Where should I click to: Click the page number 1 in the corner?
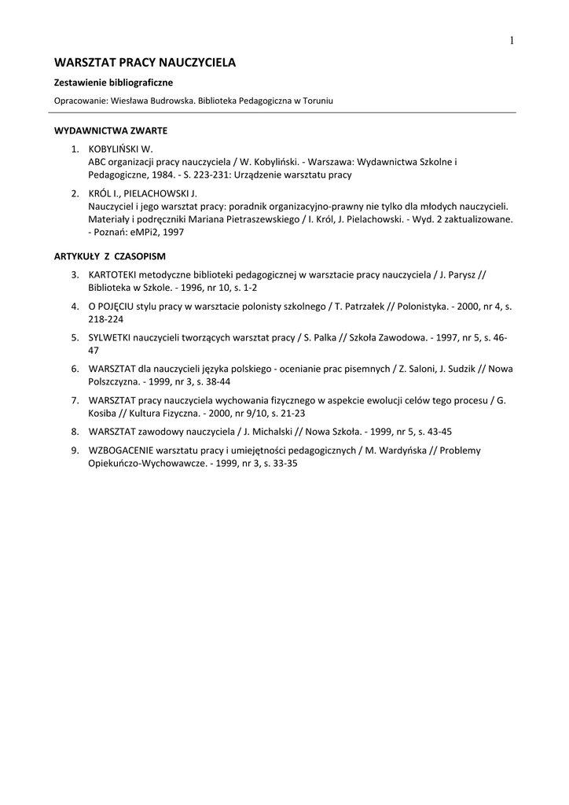(511, 41)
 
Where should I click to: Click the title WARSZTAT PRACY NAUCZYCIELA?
(145, 62)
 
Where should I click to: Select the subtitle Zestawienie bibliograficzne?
(113, 82)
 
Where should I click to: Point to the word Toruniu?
(317, 101)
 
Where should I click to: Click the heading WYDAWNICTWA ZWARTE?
(110, 130)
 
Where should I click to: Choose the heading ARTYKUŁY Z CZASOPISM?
(109, 256)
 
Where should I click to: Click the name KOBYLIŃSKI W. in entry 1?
(120, 149)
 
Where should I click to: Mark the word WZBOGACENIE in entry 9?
(121, 450)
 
